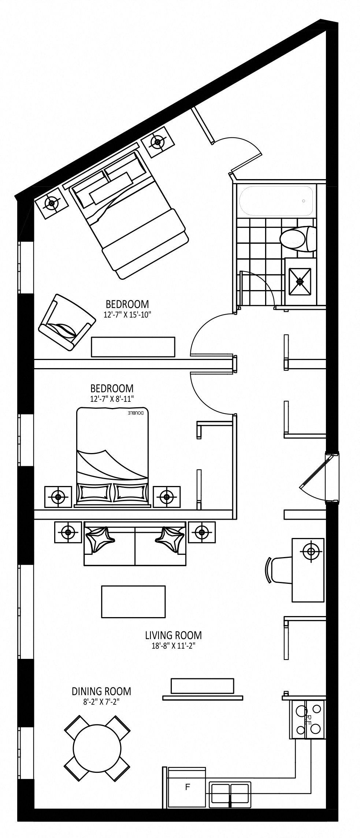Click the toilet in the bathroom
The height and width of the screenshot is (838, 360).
click(298, 239)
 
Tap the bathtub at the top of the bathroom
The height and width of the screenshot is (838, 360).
click(277, 201)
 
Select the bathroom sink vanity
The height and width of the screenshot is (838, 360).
click(300, 281)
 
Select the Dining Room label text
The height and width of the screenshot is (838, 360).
click(101, 691)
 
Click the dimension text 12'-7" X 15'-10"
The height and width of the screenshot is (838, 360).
click(127, 314)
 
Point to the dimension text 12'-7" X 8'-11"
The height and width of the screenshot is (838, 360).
click(112, 398)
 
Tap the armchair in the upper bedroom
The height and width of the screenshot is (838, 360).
click(67, 322)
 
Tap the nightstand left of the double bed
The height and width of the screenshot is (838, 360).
click(58, 497)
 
